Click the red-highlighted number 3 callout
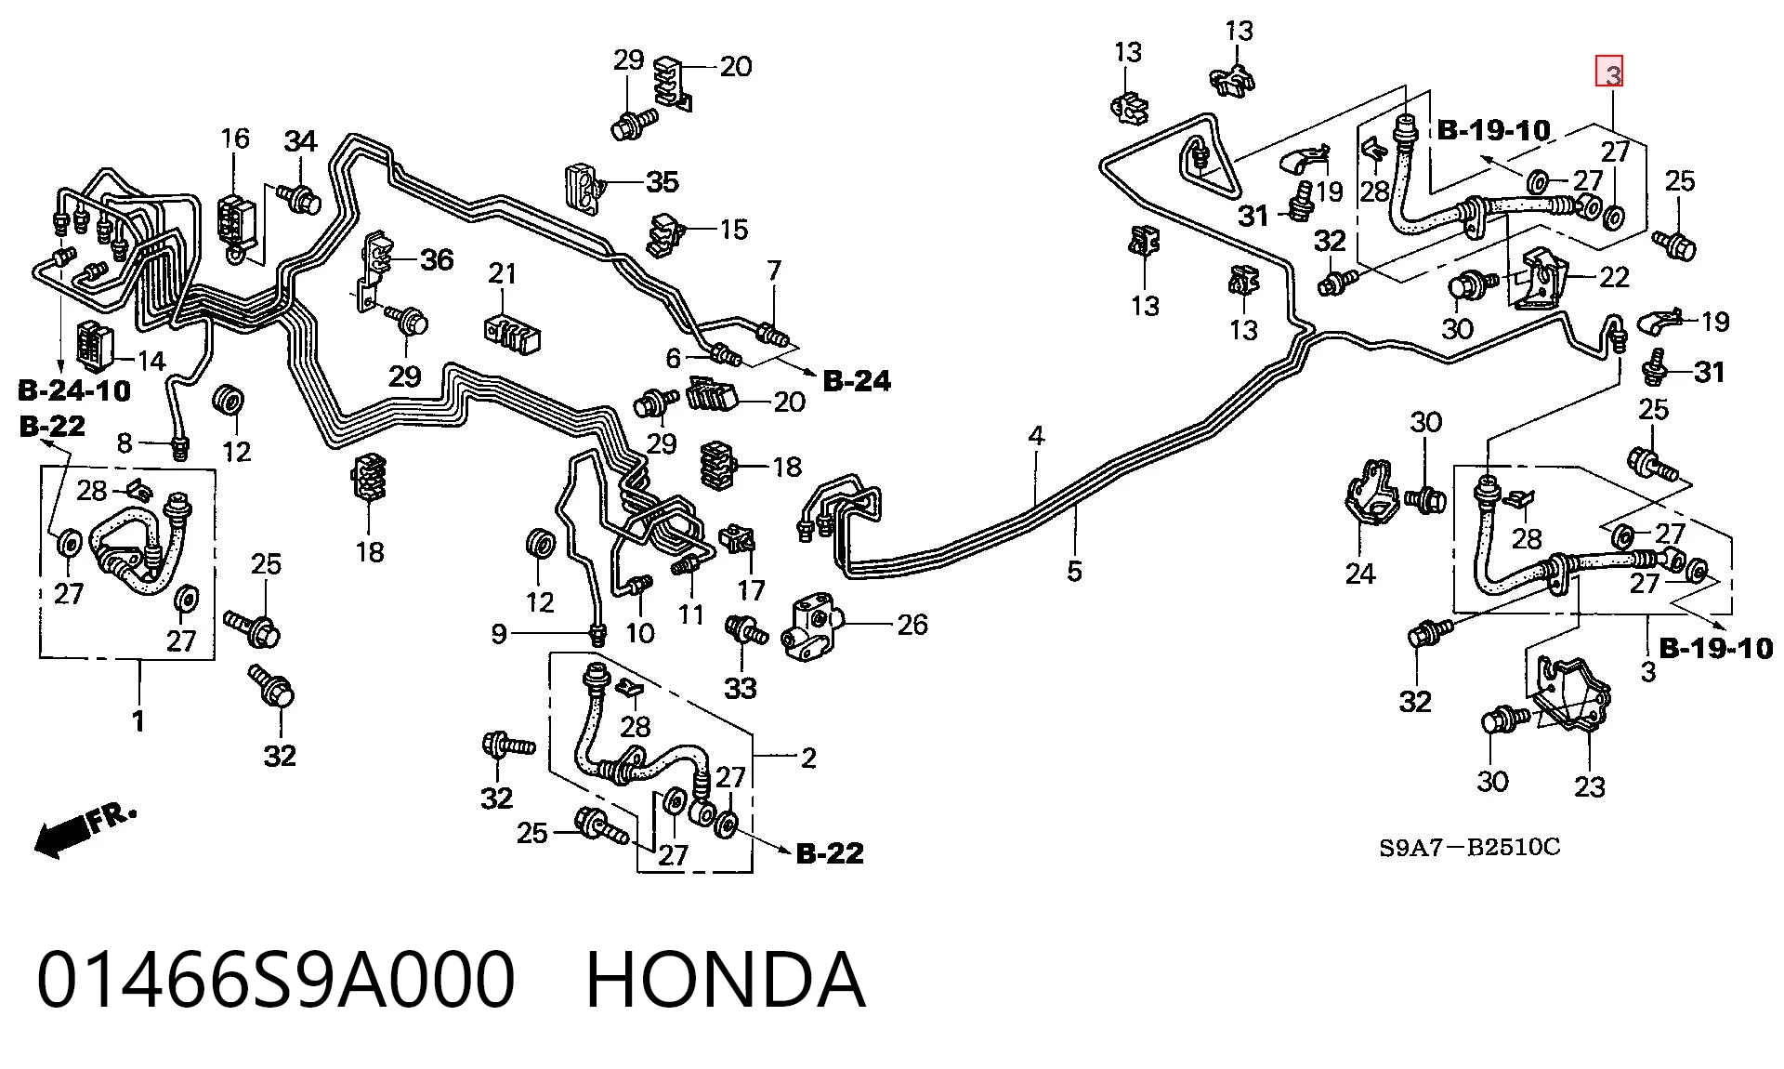tap(1610, 72)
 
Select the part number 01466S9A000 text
tap(276, 980)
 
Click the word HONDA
tap(726, 980)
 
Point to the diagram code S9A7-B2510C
tap(1470, 847)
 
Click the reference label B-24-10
tap(74, 389)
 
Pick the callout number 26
tap(912, 625)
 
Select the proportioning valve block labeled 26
tap(811, 628)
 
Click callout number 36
tap(437, 259)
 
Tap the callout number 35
tap(662, 181)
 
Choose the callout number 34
tap(300, 141)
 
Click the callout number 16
tap(235, 139)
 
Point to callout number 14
tap(151, 360)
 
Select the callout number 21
tap(503, 273)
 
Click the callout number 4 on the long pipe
tap(1036, 435)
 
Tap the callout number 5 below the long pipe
tap(1074, 570)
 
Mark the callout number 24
tap(1360, 574)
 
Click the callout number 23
tap(1590, 787)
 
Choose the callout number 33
tap(741, 689)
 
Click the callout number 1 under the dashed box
tap(138, 720)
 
